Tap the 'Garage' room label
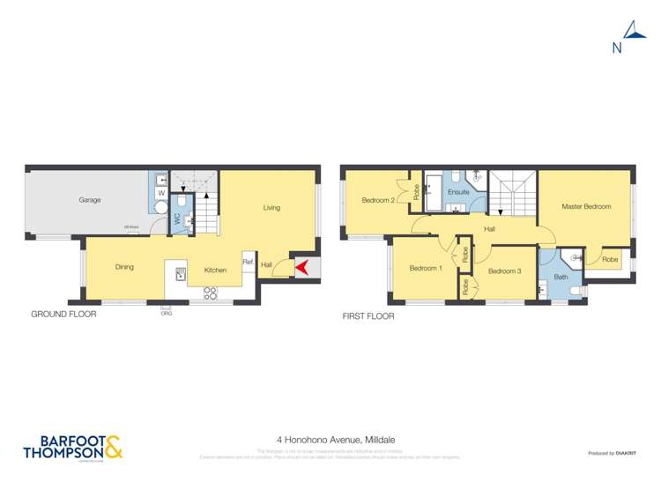[89, 200]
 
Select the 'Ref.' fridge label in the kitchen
[248, 262]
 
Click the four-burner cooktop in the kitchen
[212, 292]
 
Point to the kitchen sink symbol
[181, 274]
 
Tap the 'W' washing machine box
[161, 193]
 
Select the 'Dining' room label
[124, 267]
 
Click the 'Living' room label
[271, 208]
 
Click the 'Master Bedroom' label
[586, 206]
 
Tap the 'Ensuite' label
[458, 191]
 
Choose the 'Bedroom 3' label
[505, 271]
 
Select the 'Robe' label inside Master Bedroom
[610, 259]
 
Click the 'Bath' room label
[561, 277]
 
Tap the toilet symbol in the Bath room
[574, 291]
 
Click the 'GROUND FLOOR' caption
[63, 314]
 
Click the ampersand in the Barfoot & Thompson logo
[113, 448]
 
